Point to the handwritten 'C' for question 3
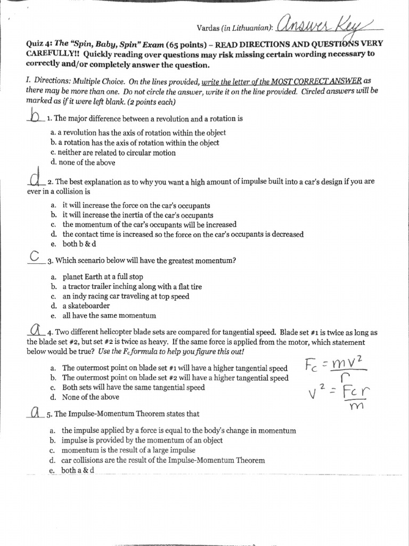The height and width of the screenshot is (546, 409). pos(35,256)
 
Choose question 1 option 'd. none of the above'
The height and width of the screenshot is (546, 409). pos(83,163)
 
